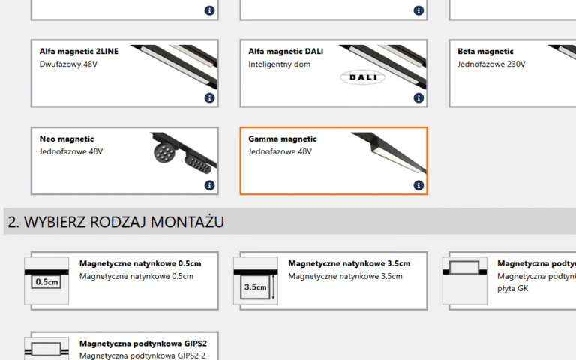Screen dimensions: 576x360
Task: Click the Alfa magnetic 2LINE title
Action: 79,52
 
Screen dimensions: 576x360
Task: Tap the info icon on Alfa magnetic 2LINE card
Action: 209,98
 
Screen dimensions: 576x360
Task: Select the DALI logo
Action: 362,77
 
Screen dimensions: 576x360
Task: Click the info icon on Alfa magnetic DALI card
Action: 418,98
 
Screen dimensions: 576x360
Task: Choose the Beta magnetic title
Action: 485,52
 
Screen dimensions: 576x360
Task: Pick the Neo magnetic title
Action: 67,139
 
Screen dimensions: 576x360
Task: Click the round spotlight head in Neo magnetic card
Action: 163,153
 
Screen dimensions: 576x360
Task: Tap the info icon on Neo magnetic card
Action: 209,185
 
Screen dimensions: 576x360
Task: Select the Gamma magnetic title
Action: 283,139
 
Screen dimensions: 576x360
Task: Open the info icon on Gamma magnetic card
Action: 418,185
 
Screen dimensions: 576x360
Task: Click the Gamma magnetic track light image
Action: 389,152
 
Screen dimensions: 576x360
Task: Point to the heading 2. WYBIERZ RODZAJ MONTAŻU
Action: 116,222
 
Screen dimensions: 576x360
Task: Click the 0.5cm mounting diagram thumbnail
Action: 46,280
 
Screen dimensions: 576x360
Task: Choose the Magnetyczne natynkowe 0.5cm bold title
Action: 140,263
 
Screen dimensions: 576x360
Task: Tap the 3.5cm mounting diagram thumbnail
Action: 256,280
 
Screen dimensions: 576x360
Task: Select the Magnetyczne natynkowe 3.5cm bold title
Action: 349,263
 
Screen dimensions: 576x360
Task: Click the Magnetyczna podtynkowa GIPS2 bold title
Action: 143,343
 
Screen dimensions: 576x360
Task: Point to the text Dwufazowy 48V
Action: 68,64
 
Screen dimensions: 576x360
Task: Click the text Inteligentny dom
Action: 279,64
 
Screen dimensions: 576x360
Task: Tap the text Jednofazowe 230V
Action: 491,64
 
